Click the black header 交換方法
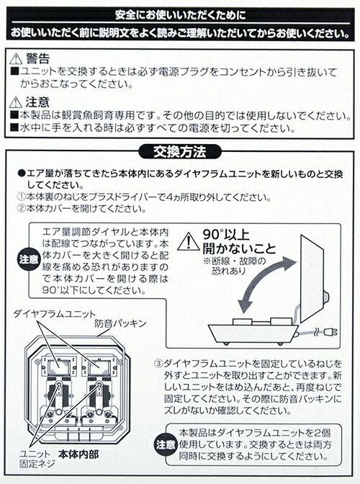(180, 152)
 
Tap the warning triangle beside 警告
(16, 58)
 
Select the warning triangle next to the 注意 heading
(16, 102)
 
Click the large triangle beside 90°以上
(189, 242)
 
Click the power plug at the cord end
(330, 333)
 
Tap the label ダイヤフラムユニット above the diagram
(54, 314)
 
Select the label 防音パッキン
(120, 323)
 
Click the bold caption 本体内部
(78, 454)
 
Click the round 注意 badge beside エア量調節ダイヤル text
(29, 259)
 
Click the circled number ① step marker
(21, 197)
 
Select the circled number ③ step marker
(158, 364)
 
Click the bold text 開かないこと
(239, 248)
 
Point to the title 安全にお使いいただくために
(181, 15)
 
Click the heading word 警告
(37, 58)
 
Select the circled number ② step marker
(21, 208)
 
